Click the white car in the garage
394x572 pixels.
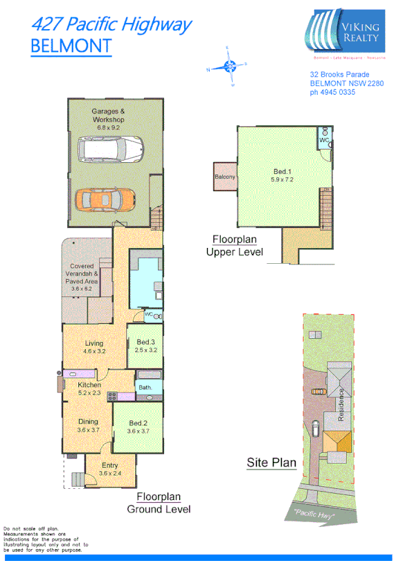pos(111,148)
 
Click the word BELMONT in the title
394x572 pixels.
pos(71,46)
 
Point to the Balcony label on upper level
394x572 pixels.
pos(224,177)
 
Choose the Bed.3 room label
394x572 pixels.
pos(145,343)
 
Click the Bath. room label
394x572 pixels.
pos(145,388)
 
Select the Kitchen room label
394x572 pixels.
pos(89,385)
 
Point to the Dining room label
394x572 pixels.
pos(87,422)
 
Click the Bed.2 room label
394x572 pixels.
pos(139,423)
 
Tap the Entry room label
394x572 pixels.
pos(109,465)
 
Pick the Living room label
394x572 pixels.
pos(93,343)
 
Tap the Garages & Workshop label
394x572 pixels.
pos(109,116)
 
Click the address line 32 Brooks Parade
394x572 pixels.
pos(339,75)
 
